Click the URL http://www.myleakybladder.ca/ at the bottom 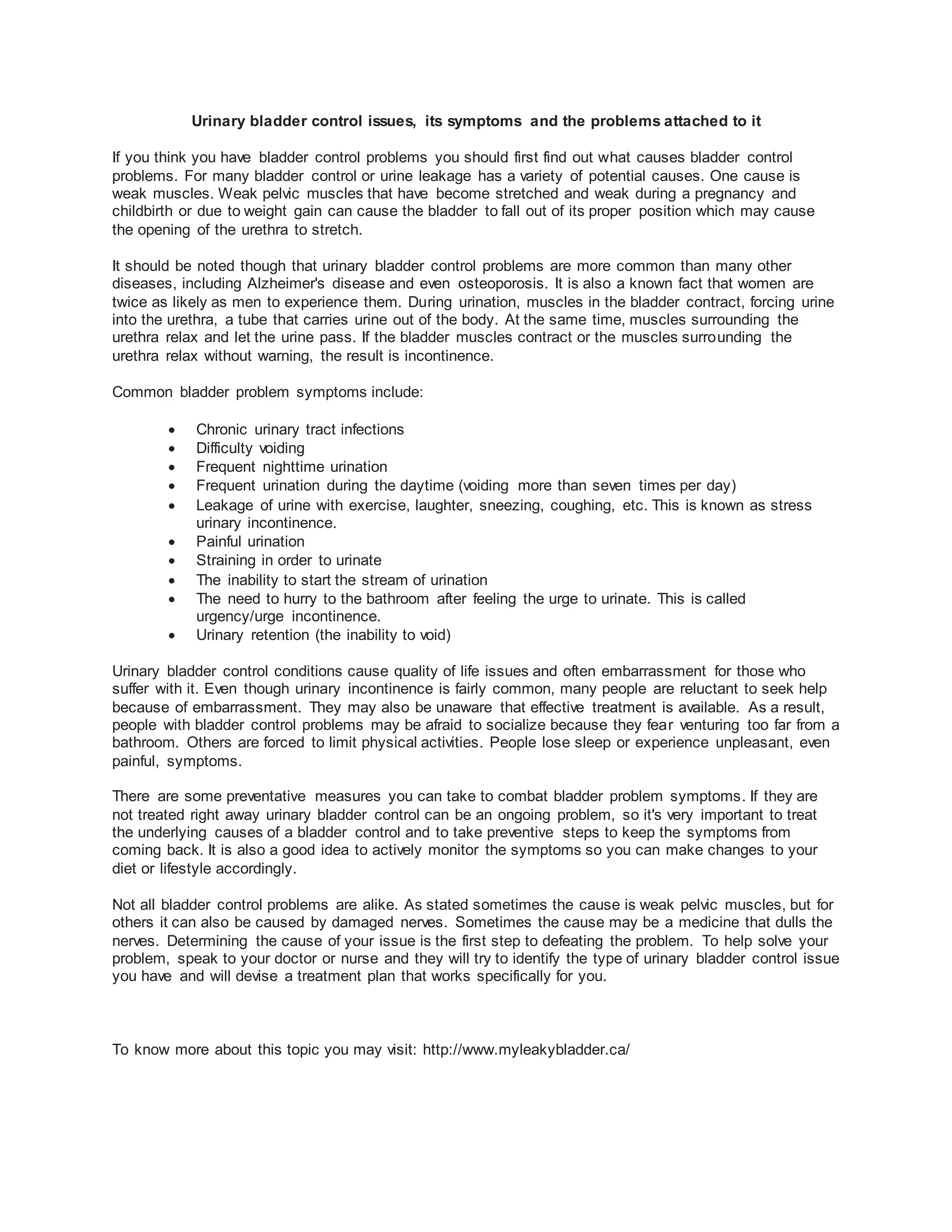click(526, 1050)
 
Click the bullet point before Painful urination click(172, 542)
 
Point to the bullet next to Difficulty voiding click(172, 449)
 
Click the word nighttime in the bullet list click(293, 467)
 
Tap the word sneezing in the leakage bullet click(511, 505)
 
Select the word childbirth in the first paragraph click(143, 212)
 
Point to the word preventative click(266, 796)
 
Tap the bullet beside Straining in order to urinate click(172, 561)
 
